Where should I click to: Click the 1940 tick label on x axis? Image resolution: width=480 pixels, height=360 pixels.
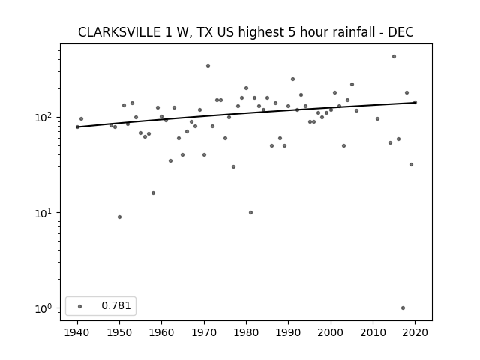(x=77, y=332)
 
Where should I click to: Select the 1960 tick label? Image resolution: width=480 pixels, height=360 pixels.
(x=162, y=332)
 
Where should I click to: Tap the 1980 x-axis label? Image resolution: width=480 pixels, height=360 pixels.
(x=246, y=332)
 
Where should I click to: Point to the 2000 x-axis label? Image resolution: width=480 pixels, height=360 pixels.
(x=331, y=332)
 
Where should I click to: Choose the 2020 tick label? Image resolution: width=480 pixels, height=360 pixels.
(x=415, y=332)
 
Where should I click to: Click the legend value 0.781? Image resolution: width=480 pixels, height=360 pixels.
(x=116, y=305)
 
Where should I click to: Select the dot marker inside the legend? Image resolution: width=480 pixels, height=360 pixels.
(x=80, y=306)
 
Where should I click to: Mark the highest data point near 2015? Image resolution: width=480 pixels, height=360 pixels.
(x=394, y=57)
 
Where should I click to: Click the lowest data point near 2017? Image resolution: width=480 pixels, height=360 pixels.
(x=403, y=308)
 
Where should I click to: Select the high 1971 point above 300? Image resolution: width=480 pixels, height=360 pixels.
(x=208, y=65)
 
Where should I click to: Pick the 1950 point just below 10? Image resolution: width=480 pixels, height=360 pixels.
(x=119, y=217)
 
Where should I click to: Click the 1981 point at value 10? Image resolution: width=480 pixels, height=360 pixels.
(x=250, y=212)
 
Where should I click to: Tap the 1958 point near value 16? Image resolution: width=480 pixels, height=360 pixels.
(x=153, y=193)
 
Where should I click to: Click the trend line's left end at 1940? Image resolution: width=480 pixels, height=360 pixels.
(x=77, y=127)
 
